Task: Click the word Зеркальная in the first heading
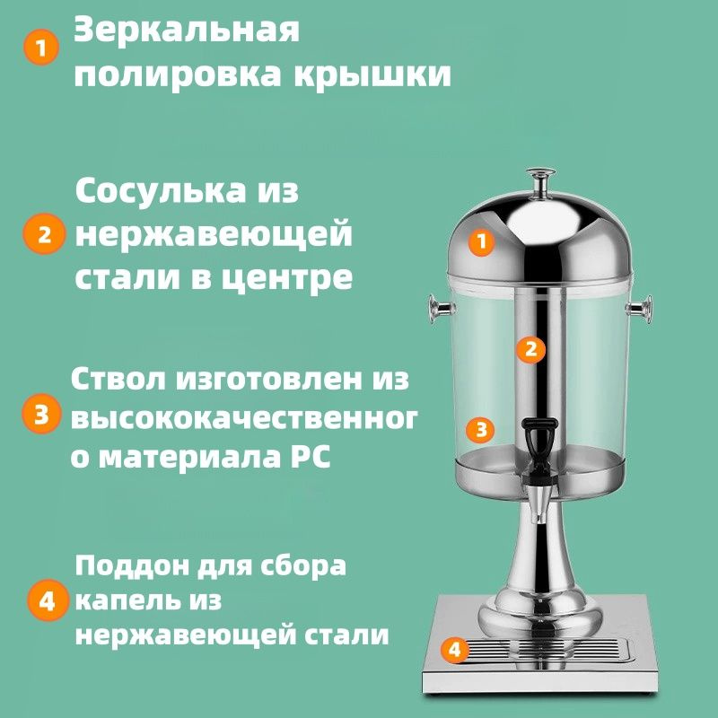(x=187, y=31)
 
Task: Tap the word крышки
(x=372, y=74)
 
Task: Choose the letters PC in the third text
(x=314, y=456)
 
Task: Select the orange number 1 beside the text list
(x=41, y=48)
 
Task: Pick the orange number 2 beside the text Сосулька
(x=44, y=234)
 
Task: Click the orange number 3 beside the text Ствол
(x=41, y=414)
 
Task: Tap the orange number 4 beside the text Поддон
(x=48, y=600)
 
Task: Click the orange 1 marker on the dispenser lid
(x=481, y=241)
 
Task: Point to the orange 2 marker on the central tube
(x=530, y=350)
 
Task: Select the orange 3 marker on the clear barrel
(x=480, y=430)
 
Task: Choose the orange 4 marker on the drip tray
(x=454, y=649)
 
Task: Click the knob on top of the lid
(x=541, y=182)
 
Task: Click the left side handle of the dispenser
(x=441, y=310)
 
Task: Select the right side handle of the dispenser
(x=640, y=310)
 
